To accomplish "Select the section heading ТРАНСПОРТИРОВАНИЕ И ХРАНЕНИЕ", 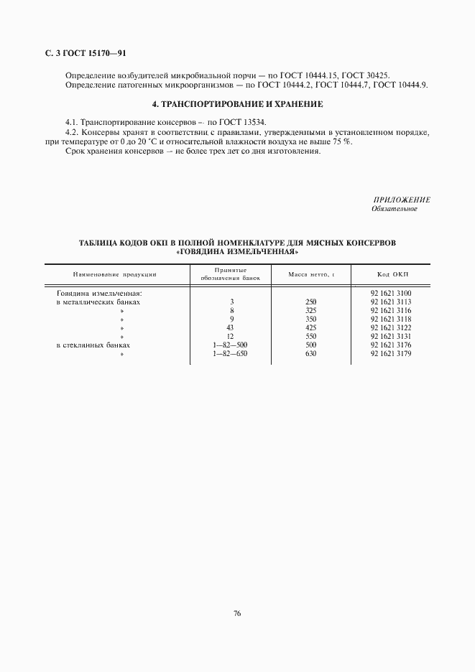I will (x=237, y=105).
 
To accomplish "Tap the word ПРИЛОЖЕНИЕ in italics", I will (x=402, y=199).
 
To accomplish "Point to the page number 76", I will (x=237, y=612).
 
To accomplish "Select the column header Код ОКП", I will (x=391, y=274).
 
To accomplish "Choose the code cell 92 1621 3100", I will (x=390, y=293).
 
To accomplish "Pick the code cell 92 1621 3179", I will (x=390, y=353).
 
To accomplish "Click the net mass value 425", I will (x=310, y=327).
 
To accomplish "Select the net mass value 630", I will (x=310, y=353).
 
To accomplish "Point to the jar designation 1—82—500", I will (x=231, y=345).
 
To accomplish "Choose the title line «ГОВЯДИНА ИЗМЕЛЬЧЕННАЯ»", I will (x=237, y=252).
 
